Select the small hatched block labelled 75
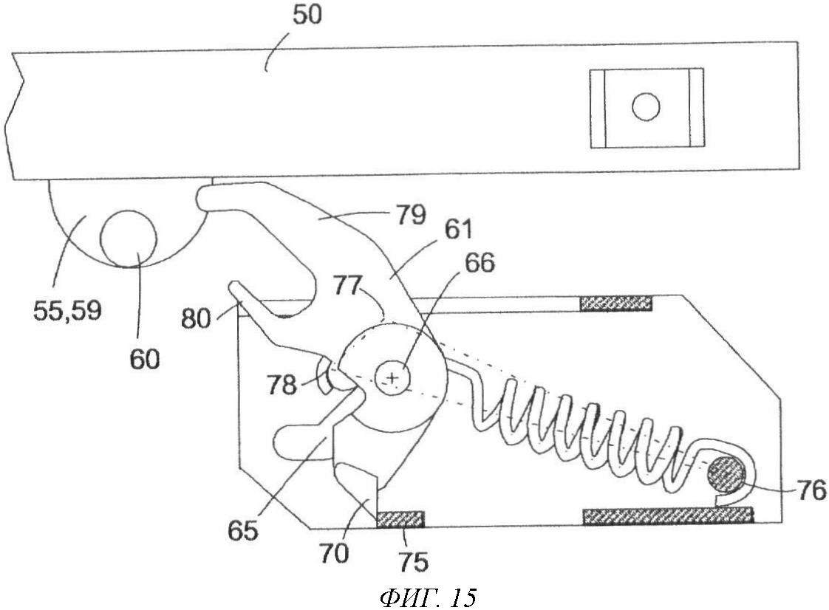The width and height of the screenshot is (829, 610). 400,519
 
